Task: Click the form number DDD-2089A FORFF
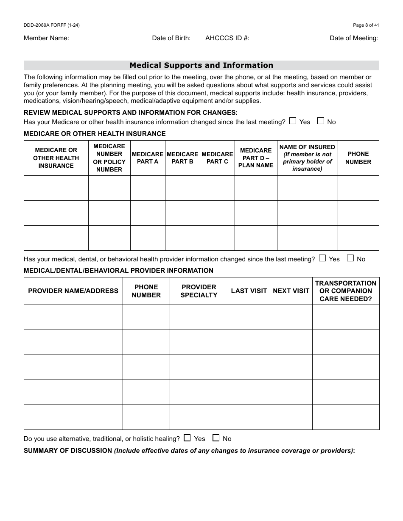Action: [51, 25]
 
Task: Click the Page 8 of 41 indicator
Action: [366, 25]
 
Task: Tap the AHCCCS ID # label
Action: [227, 38]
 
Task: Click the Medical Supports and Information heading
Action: [201, 65]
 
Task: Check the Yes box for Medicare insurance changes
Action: [293, 121]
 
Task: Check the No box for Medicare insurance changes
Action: [321, 121]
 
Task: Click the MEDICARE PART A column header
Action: [147, 158]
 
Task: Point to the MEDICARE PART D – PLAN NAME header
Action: [256, 158]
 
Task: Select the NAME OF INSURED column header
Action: [307, 158]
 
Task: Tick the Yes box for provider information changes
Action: [322, 258]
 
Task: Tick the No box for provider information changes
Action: [350, 258]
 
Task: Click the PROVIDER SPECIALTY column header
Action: [199, 291]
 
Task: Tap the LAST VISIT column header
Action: [249, 291]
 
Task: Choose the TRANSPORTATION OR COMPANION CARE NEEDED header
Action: [345, 291]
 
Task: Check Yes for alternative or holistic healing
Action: [187, 438]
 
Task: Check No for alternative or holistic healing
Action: [216, 438]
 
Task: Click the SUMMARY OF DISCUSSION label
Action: [68, 451]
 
